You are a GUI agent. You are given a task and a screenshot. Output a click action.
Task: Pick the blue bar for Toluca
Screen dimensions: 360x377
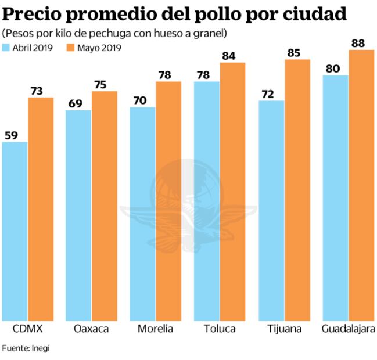pyautogui.click(x=207, y=200)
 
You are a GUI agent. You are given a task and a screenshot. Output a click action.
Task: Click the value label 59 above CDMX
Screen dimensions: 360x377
pyautogui.click(x=12, y=135)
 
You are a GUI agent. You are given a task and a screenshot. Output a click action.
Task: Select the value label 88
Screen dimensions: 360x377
pyautogui.click(x=361, y=43)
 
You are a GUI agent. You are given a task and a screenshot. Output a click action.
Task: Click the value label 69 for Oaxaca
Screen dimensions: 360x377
pyautogui.click(x=76, y=103)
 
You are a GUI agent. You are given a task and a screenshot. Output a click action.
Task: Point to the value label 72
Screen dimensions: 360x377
pyautogui.click(x=268, y=94)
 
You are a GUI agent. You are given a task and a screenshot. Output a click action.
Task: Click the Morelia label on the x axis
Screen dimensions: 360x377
pyautogui.click(x=155, y=329)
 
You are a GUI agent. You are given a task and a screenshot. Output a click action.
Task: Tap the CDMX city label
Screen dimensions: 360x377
pyautogui.click(x=27, y=329)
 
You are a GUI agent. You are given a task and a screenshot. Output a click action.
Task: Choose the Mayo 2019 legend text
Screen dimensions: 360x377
pyautogui.click(x=101, y=48)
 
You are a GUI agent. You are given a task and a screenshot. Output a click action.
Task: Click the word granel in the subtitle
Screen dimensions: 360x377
pyautogui.click(x=211, y=33)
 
